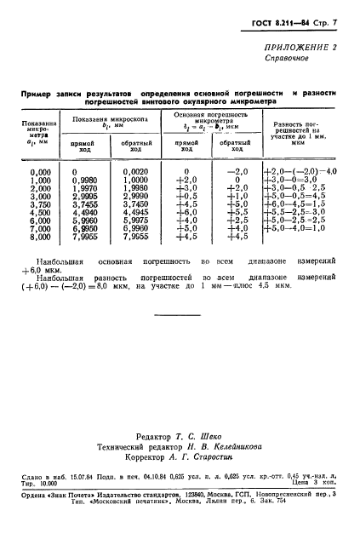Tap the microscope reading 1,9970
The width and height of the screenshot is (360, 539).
[85, 187]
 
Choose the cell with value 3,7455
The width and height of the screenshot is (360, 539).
[85, 203]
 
